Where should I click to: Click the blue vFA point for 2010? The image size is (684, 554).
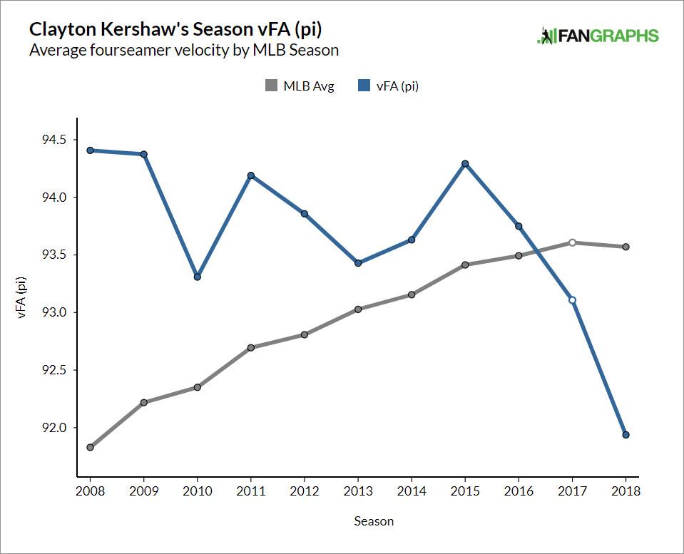197,277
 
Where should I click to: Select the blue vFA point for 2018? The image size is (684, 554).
626,435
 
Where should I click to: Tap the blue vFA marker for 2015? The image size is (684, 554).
465,163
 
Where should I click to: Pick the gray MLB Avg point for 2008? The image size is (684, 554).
90,447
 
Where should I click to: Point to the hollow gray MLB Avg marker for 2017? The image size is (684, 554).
572,242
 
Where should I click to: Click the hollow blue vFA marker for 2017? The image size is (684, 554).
572,299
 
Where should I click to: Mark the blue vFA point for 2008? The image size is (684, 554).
90,150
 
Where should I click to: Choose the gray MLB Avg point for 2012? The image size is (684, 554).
305,334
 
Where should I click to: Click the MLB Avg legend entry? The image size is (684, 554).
300,86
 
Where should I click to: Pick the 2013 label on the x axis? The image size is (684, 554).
358,491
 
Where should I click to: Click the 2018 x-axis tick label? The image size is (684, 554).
626,491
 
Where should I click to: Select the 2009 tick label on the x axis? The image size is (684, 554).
143,491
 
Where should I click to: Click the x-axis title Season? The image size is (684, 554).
374,521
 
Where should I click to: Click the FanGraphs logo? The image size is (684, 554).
598,36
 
